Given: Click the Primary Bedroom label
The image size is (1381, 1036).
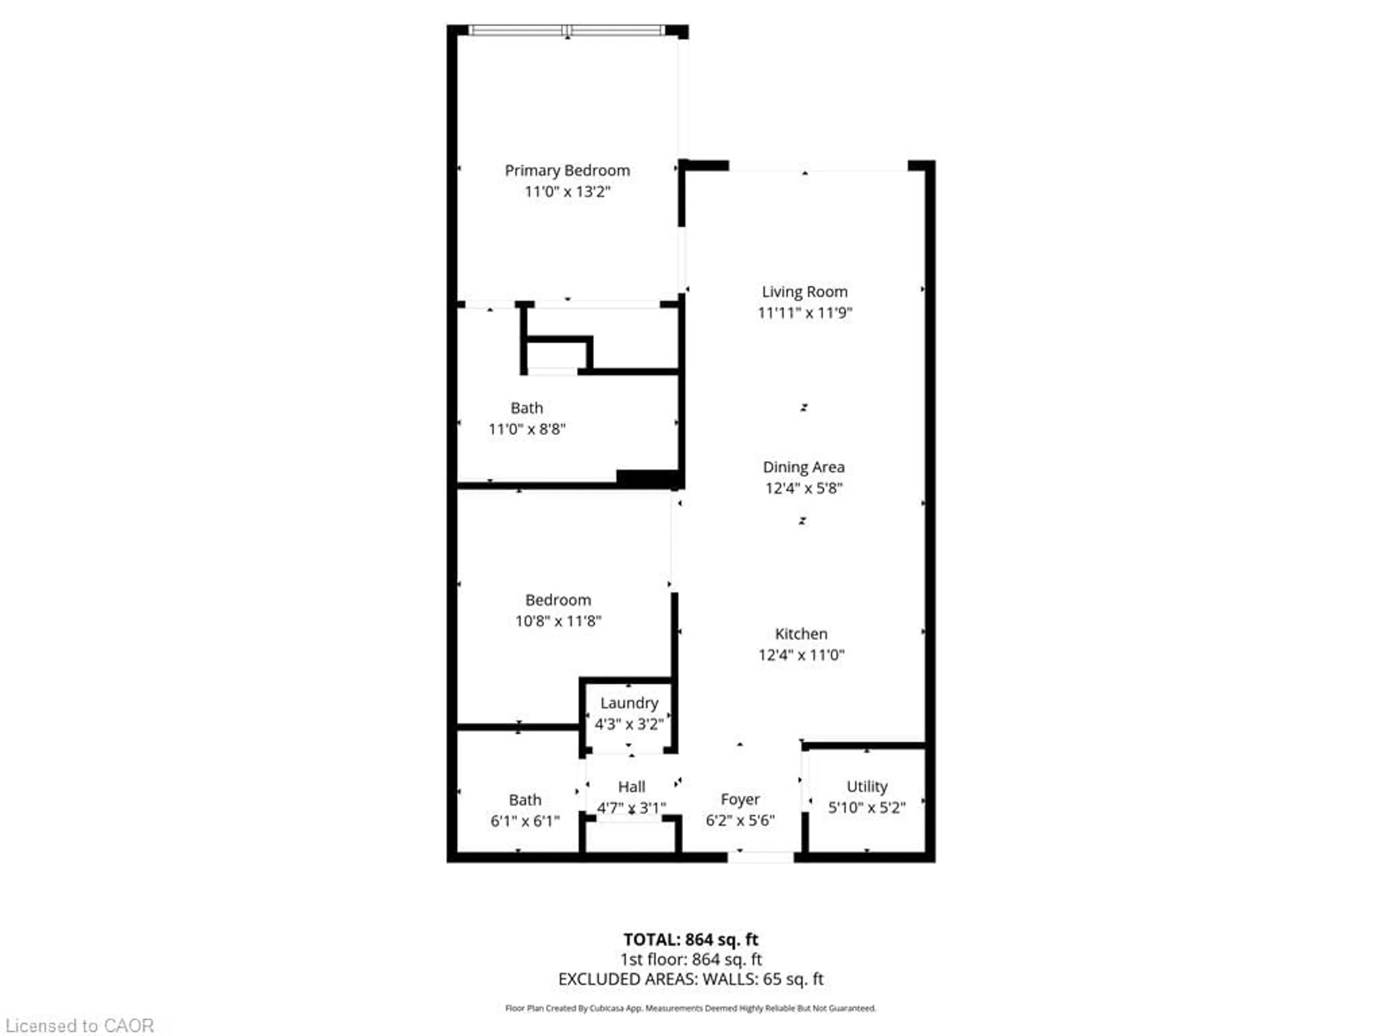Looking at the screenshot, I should click(567, 171).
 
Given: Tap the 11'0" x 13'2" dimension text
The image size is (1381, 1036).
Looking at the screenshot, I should click(567, 191).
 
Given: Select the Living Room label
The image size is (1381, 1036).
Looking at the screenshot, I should click(804, 292).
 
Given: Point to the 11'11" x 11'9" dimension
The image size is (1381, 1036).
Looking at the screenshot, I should click(804, 313).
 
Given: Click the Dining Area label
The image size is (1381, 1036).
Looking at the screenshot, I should click(803, 467).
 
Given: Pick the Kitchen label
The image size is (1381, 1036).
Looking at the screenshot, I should click(801, 634).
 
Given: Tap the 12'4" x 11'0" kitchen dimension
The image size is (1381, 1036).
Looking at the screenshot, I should click(801, 655).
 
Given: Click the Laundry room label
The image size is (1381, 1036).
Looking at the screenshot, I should click(629, 703).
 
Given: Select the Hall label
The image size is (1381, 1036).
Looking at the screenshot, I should click(631, 787).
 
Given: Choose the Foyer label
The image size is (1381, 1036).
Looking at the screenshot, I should click(740, 799).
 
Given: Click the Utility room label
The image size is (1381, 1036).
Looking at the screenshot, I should click(867, 787).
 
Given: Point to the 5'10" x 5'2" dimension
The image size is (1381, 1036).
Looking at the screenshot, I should click(867, 808).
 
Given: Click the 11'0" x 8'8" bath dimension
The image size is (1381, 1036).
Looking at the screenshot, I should click(526, 429).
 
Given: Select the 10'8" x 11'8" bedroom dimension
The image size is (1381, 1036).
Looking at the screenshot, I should click(557, 621).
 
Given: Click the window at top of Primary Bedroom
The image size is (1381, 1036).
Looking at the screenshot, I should click(566, 29).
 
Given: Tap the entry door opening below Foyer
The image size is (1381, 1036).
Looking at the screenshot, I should click(760, 858).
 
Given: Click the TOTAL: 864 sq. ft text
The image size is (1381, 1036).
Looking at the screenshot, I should click(690, 939).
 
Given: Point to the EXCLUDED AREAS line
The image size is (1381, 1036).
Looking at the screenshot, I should click(690, 979).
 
